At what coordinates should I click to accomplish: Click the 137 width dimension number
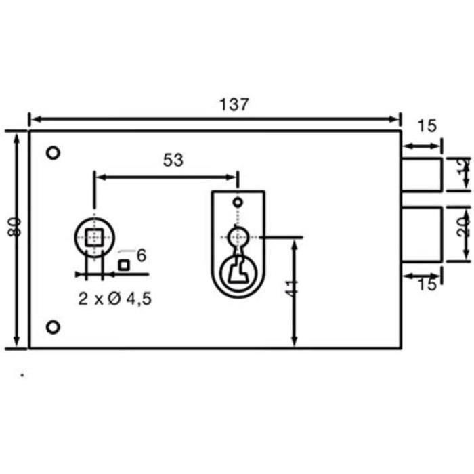234,105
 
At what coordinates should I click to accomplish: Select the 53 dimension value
173,160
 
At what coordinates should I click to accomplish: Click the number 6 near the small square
142,255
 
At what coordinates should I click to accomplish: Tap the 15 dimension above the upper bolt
427,125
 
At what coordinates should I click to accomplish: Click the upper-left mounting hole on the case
53,152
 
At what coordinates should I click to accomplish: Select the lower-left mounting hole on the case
53,328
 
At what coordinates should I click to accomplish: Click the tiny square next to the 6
124,265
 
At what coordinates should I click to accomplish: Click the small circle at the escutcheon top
237,202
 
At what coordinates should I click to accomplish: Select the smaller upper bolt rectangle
422,174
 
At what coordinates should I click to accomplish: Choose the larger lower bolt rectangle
422,234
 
